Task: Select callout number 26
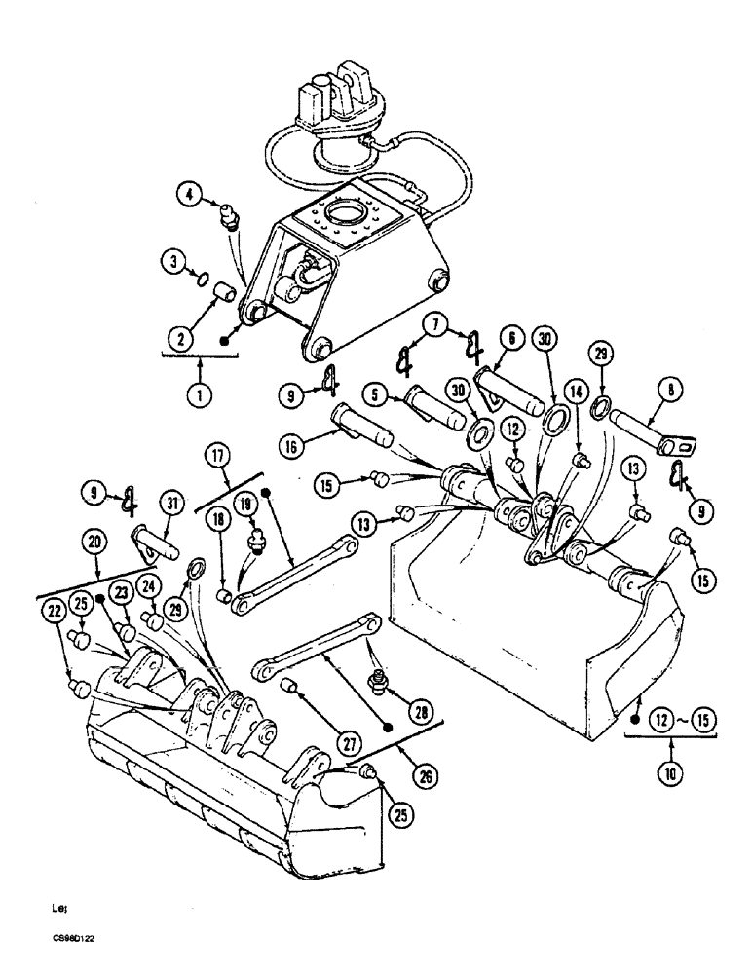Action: [x=425, y=776]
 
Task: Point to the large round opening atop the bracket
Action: [x=353, y=209]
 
